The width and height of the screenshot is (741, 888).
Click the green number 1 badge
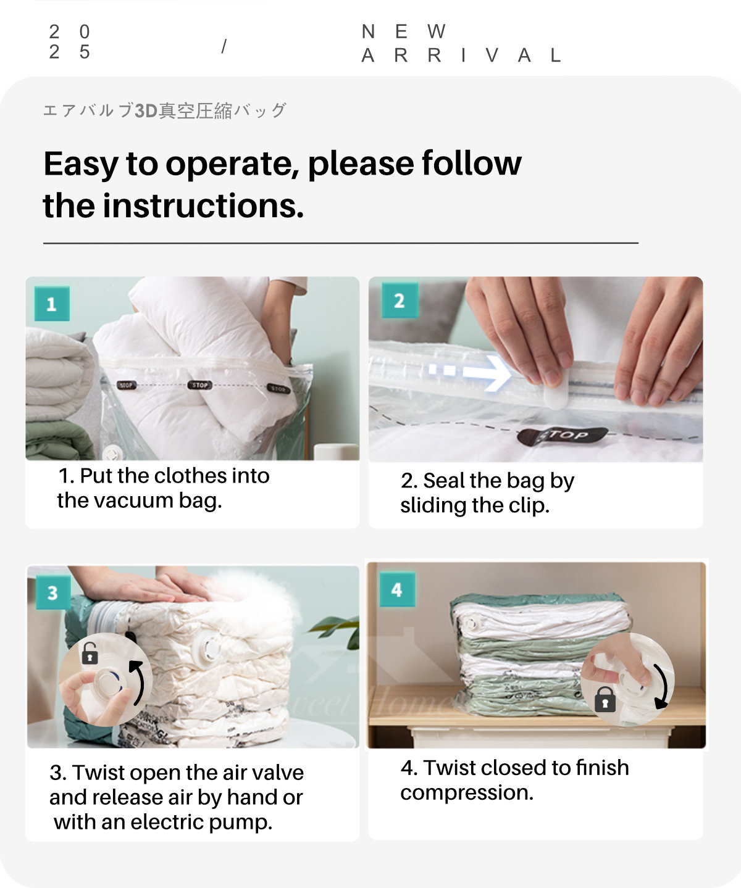(52, 304)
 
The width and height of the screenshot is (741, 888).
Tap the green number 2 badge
(400, 301)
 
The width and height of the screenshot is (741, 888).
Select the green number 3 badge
(52, 592)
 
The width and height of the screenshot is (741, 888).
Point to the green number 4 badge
(397, 589)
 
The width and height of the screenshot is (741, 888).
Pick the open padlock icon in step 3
(90, 653)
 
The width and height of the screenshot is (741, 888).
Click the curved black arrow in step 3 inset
(138, 681)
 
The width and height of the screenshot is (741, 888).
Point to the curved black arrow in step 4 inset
(662, 686)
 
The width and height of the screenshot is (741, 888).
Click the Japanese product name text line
(164, 111)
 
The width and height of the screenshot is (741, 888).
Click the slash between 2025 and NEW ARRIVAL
(224, 46)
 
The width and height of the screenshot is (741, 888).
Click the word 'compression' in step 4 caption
(466, 792)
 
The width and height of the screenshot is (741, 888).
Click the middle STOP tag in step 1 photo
(199, 385)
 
